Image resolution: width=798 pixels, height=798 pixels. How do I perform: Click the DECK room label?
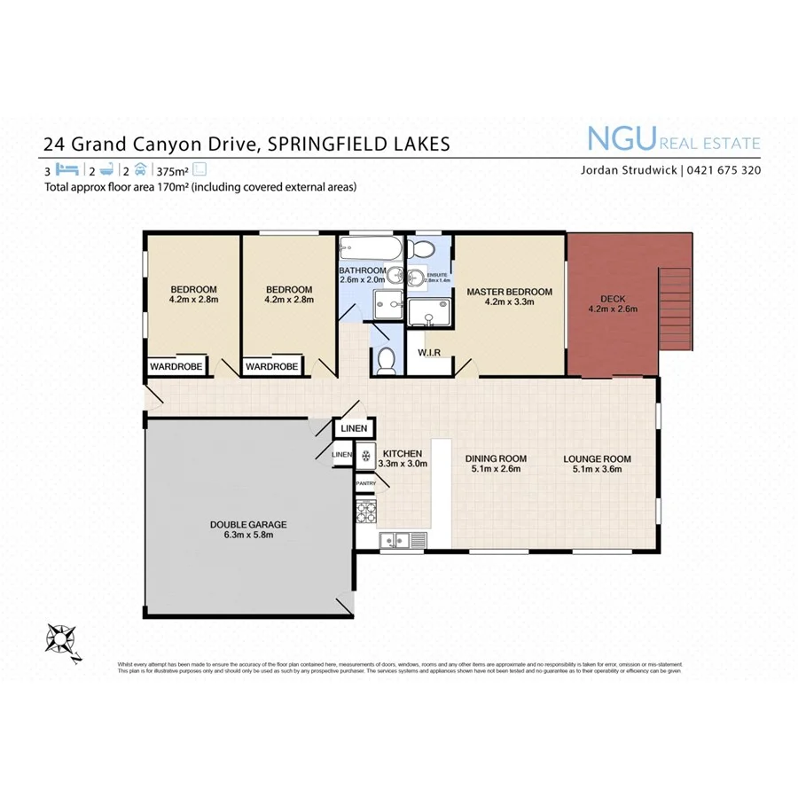click(x=613, y=299)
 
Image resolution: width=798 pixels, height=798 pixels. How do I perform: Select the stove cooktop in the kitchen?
click(x=365, y=511)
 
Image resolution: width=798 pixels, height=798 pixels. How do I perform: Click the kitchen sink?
click(x=395, y=538)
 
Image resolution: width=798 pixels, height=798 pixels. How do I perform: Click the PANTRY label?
click(x=365, y=483)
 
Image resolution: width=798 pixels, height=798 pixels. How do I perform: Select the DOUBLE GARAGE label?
click(x=248, y=524)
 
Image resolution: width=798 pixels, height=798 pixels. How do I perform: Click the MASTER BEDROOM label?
click(x=509, y=292)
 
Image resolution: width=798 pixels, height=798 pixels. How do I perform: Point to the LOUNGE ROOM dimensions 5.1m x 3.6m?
click(x=597, y=471)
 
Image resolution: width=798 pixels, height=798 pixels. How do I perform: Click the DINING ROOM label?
click(x=496, y=458)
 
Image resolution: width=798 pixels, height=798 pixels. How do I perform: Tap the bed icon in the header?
click(x=68, y=169)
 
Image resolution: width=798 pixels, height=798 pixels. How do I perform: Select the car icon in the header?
click(x=140, y=169)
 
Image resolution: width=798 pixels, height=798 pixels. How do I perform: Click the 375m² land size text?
click(x=173, y=170)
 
